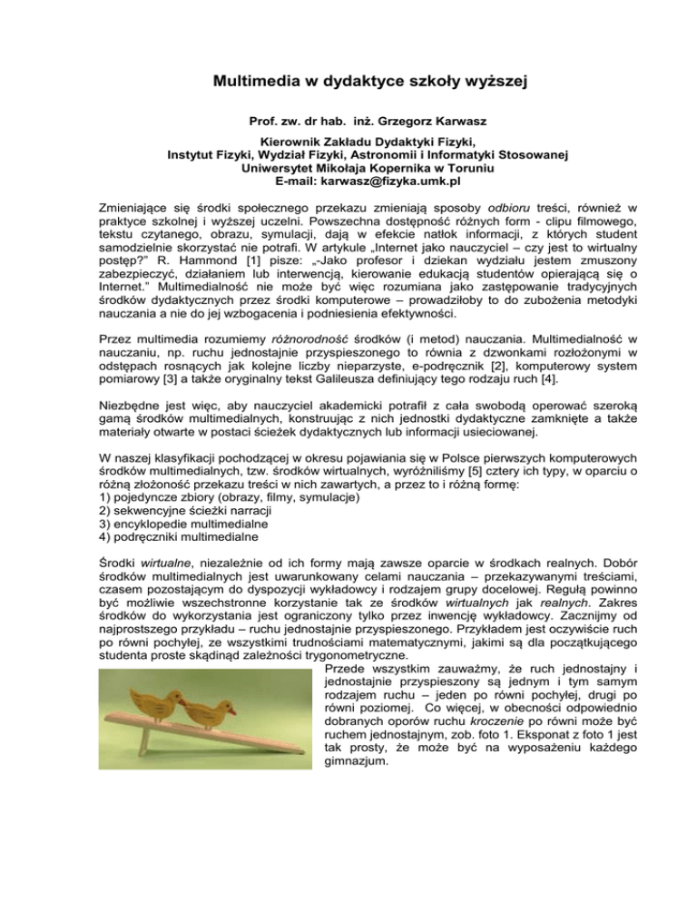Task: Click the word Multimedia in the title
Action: [257, 83]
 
